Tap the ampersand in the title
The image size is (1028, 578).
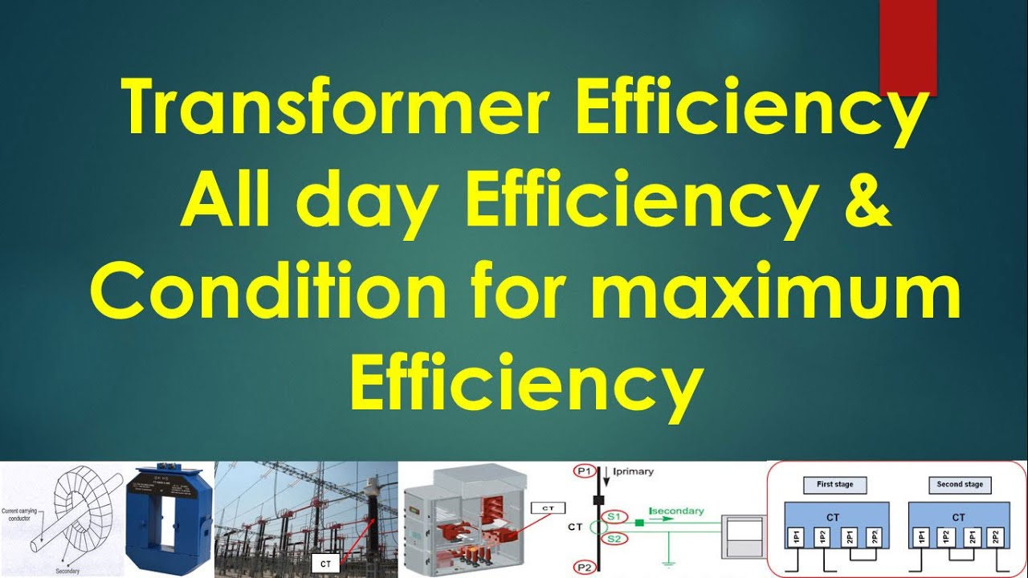[x=867, y=201]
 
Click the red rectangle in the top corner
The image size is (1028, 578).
[x=908, y=47]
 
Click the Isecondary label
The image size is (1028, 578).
[x=677, y=511]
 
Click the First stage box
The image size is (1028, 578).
[x=834, y=485]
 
